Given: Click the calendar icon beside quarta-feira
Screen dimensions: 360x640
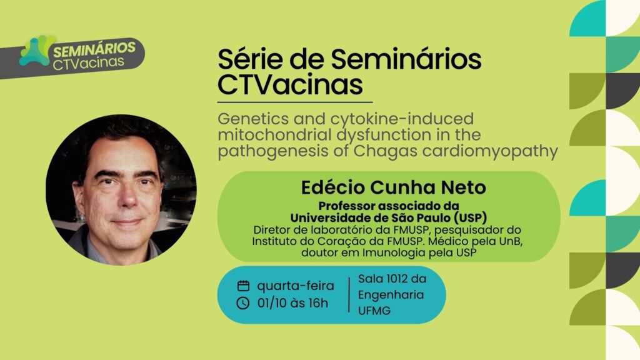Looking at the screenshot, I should point(243,286).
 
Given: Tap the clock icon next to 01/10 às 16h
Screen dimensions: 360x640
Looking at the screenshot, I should point(243,304).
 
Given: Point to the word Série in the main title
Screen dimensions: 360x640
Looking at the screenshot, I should point(248,60).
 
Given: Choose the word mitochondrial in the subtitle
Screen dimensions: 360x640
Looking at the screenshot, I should point(271,135).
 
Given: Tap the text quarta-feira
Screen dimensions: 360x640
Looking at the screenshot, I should point(295,286).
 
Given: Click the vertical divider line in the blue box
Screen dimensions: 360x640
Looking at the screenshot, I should point(349,295).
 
